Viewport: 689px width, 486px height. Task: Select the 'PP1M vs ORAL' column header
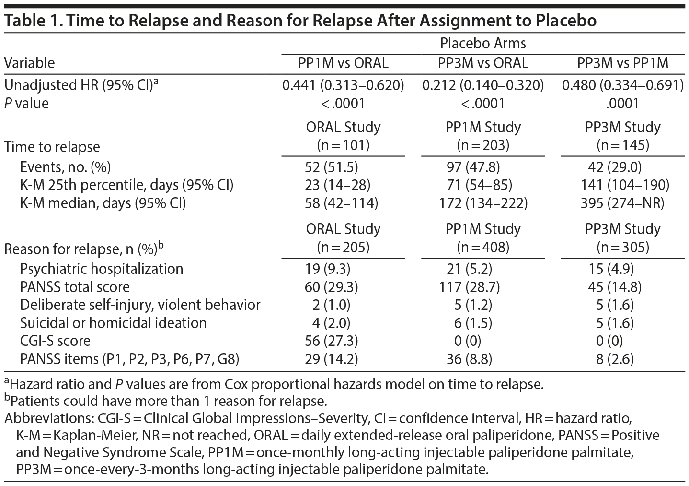coord(343,63)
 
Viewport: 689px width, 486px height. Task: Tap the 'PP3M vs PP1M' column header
coord(622,63)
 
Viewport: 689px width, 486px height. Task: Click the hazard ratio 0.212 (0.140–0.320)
coord(482,85)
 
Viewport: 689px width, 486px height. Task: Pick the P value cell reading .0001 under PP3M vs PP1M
coord(622,103)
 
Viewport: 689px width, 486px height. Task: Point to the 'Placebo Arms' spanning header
coord(482,44)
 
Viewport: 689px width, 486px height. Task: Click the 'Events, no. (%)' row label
coord(65,167)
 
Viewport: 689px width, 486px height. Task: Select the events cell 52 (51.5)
coord(332,167)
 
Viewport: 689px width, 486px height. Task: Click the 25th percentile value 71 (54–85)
coord(476,185)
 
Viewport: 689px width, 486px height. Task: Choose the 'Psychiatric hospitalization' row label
coord(102,269)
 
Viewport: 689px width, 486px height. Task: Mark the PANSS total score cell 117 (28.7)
coord(469,287)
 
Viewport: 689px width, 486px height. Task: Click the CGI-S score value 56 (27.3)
coord(332,341)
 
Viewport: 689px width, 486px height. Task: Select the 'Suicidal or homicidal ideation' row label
coord(113,323)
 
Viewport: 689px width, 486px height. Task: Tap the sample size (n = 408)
coord(482,247)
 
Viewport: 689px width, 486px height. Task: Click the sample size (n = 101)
coord(343,145)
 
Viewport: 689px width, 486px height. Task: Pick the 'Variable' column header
coord(30,63)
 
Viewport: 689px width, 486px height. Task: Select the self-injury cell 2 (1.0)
coord(328,305)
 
